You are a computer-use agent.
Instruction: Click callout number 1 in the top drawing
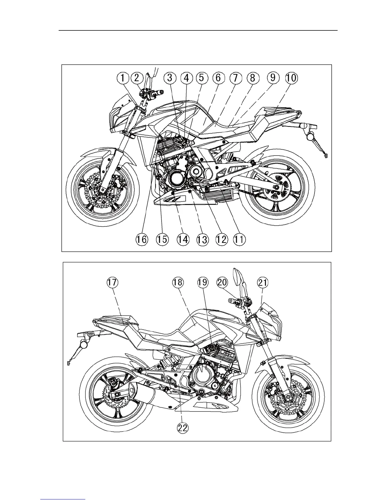123,78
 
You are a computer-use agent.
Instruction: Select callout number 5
202,78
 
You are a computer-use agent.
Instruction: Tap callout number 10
292,78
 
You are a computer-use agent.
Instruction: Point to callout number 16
142,239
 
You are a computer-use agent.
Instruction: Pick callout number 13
202,239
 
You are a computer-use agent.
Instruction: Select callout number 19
203,282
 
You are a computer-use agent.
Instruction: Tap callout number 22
183,428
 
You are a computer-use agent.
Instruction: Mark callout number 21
263,282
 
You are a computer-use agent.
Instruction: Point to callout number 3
170,78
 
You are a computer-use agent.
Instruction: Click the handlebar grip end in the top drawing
162,92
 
